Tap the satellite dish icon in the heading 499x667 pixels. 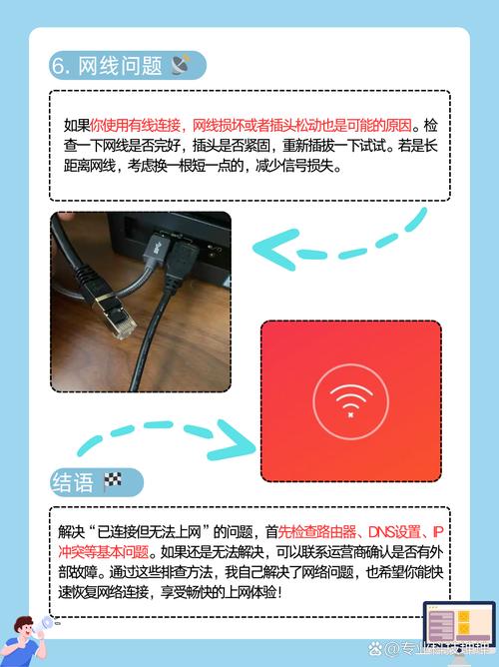click(x=181, y=65)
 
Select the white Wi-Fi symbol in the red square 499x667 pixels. click(x=349, y=395)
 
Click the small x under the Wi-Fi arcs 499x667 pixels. click(x=350, y=411)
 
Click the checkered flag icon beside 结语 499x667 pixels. click(x=112, y=483)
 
